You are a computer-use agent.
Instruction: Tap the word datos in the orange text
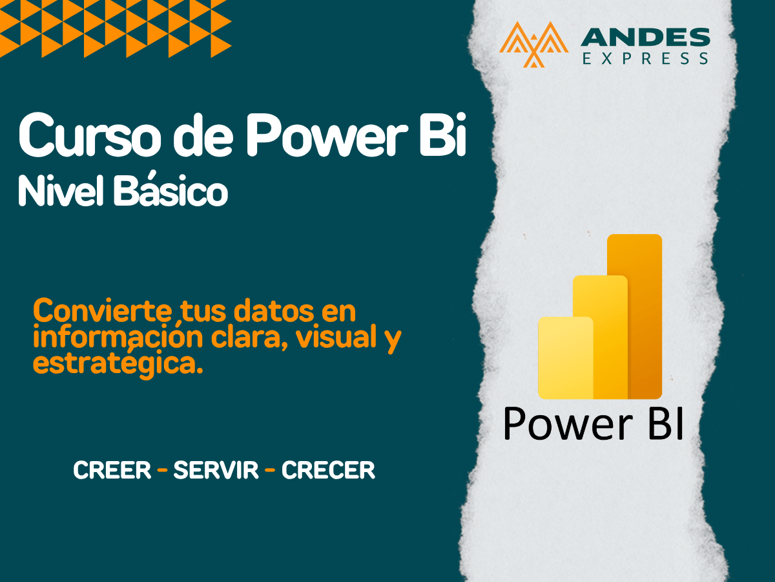click(x=274, y=312)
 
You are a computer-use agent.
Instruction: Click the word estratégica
click(x=114, y=363)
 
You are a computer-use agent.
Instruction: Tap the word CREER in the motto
click(x=112, y=471)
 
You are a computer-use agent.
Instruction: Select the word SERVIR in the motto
click(x=216, y=471)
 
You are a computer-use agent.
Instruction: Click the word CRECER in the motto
click(x=328, y=471)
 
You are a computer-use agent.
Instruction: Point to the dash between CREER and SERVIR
click(x=162, y=471)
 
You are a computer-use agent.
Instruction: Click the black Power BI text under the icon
click(x=593, y=425)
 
